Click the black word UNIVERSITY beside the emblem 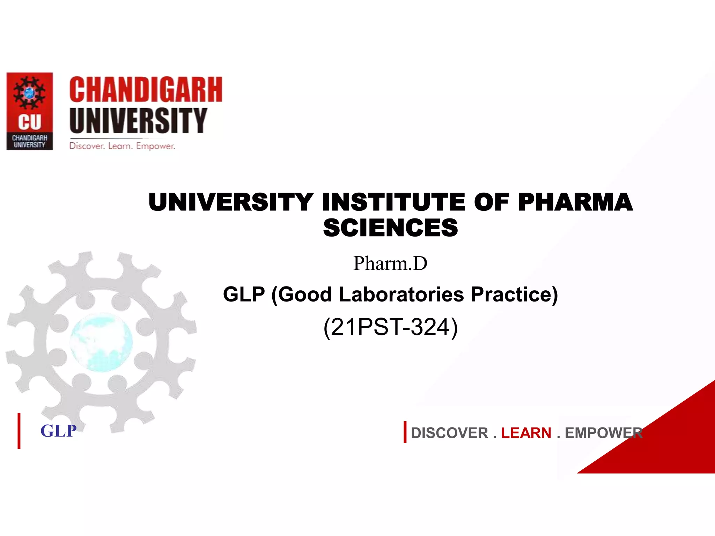point(138,120)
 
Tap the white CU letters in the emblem point(30,122)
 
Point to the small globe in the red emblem point(29,93)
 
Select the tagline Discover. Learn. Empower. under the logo point(122,146)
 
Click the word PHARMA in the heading point(575,202)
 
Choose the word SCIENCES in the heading point(390,228)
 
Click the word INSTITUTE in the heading point(393,202)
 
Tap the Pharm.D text point(390,263)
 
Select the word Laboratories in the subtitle point(401,294)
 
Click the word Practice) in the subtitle point(514,294)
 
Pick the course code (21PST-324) point(390,327)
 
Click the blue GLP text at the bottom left point(58,431)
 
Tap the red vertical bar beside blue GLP point(19,431)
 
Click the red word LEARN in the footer point(526,433)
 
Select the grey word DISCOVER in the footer point(449,433)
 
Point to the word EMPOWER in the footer point(603,433)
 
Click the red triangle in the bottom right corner point(674,443)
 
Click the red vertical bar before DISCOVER point(405,432)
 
